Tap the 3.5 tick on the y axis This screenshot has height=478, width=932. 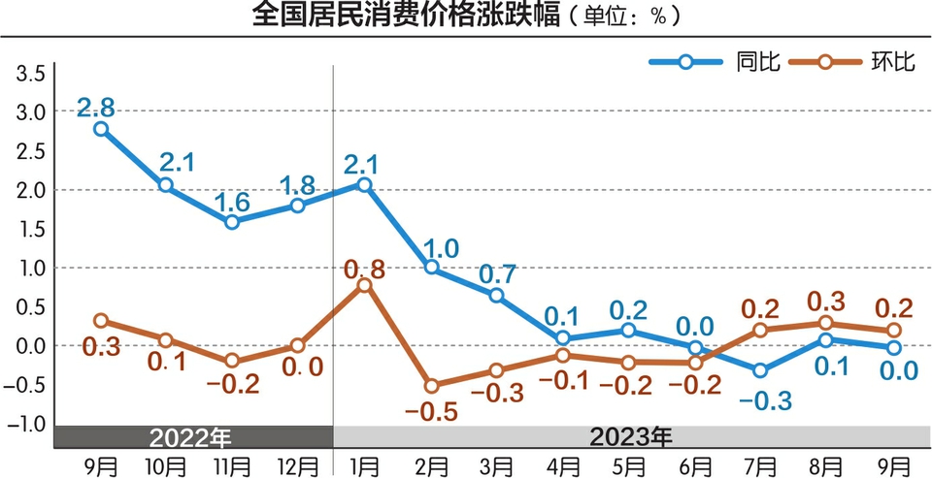point(31,74)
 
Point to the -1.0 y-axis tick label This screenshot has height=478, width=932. point(29,424)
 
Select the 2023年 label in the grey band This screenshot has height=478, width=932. point(631,435)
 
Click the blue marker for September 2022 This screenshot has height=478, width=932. point(101,128)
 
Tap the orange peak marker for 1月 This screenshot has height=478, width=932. point(364,284)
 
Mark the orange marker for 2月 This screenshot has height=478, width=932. point(431,386)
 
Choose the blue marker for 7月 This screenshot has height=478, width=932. point(759,370)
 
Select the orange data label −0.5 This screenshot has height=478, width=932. point(430,410)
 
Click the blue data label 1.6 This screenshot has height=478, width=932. point(231,202)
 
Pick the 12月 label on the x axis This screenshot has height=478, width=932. point(297,464)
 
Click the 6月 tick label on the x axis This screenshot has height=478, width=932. point(695,464)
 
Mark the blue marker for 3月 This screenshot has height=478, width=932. point(496,295)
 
